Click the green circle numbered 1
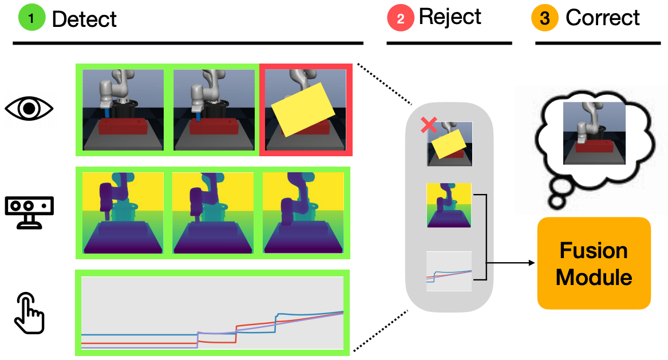(31, 18)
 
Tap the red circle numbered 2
(401, 18)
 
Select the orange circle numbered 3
(545, 18)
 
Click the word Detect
(84, 19)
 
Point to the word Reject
(450, 18)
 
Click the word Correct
(602, 18)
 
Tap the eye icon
(29, 108)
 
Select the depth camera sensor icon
(29, 212)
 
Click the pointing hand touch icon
(29, 312)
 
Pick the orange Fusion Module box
(594, 263)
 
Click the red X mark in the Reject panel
(429, 125)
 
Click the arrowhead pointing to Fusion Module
(532, 263)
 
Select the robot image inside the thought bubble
(594, 133)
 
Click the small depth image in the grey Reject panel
(449, 205)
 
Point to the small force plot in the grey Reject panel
(449, 271)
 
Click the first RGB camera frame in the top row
(123, 110)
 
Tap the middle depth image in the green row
(212, 213)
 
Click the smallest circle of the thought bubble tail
(556, 201)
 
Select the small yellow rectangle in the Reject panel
(449, 144)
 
